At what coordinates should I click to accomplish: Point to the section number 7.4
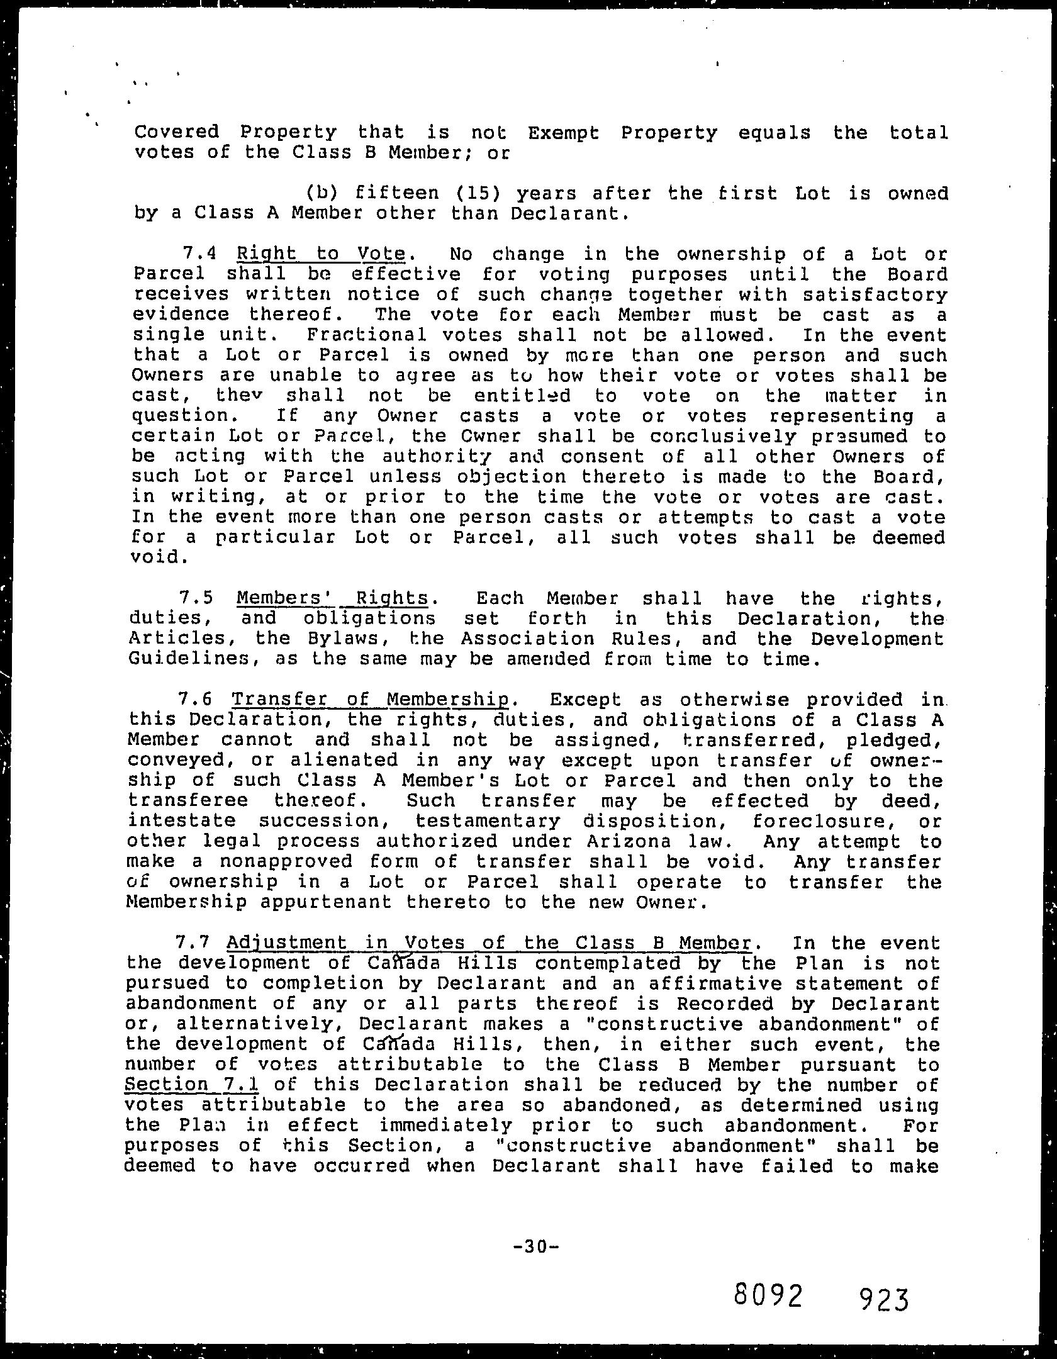[199, 254]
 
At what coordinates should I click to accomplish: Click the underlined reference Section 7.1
[193, 1085]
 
